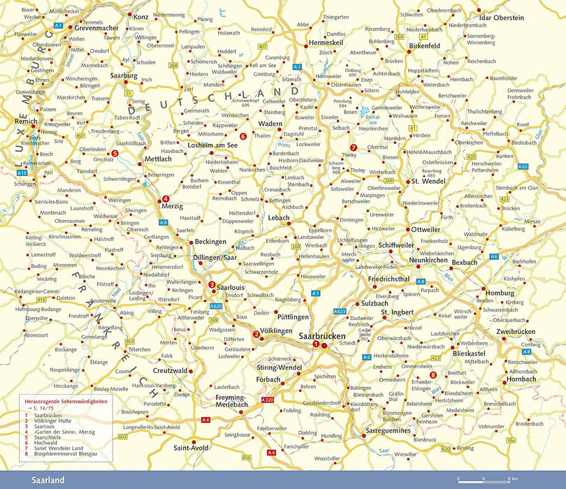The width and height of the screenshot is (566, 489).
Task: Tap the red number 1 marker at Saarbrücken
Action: coord(316,344)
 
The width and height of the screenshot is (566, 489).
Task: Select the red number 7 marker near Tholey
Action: coord(354,147)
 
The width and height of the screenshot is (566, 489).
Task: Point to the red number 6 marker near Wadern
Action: coord(242,136)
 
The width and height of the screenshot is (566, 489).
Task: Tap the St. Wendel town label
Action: coord(423,182)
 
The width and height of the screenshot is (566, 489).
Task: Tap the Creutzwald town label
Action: coord(171,370)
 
